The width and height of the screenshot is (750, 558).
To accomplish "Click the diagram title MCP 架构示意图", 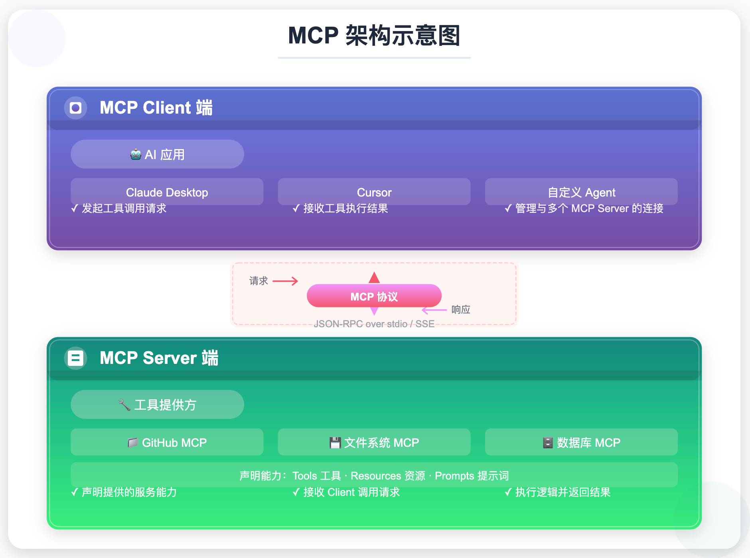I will pyautogui.click(x=374, y=35).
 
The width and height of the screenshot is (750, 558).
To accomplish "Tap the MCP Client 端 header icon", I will pyautogui.click(x=75, y=108).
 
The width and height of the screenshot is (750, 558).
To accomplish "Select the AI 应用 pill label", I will pyautogui.click(x=164, y=155).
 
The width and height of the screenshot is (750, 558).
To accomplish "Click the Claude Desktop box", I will pyautogui.click(x=167, y=192).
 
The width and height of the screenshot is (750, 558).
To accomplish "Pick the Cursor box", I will pyautogui.click(x=374, y=192).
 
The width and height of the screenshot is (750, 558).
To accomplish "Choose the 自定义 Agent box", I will pyautogui.click(x=581, y=192).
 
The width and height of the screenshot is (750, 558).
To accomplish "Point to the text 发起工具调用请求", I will pyautogui.click(x=124, y=208).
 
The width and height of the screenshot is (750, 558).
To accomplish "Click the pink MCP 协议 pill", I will pyautogui.click(x=374, y=296).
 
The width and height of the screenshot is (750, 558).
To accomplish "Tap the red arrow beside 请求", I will pyautogui.click(x=285, y=281).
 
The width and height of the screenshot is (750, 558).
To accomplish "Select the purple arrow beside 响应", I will pyautogui.click(x=434, y=310).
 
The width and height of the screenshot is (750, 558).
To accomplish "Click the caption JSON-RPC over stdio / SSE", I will pyautogui.click(x=374, y=324).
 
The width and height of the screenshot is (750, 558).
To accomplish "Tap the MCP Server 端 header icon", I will pyautogui.click(x=75, y=358).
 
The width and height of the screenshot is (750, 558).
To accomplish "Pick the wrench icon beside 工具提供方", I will pyautogui.click(x=124, y=405).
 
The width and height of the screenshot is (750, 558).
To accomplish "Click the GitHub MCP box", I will pyautogui.click(x=167, y=442).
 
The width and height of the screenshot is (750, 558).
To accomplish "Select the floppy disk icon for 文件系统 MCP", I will pyautogui.click(x=335, y=442).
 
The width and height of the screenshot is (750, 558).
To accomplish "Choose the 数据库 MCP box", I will pyautogui.click(x=581, y=442).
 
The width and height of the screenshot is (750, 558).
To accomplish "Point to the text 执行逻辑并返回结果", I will pyautogui.click(x=562, y=492).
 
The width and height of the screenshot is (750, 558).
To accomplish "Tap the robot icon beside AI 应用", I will pyautogui.click(x=136, y=155).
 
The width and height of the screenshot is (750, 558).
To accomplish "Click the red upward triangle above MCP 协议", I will pyautogui.click(x=374, y=277).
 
